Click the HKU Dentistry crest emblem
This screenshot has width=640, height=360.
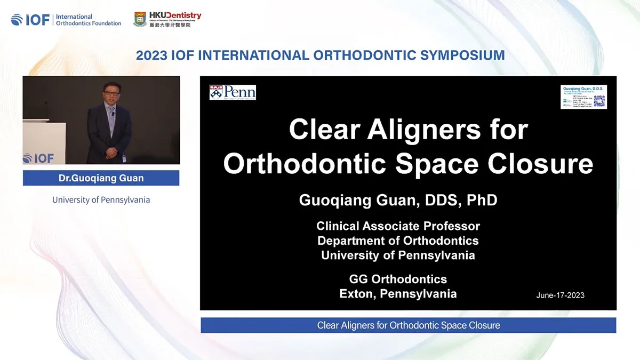140,20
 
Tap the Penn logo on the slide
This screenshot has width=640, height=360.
233,92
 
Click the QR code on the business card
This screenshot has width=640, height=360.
599,101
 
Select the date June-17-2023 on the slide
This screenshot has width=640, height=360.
560,295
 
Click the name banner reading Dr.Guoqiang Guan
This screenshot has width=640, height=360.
101,178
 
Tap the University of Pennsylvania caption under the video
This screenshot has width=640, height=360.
101,200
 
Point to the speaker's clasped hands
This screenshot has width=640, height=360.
111,153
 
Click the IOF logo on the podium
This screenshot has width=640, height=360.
38,158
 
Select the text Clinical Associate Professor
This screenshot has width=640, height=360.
398,226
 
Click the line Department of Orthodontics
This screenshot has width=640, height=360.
398,241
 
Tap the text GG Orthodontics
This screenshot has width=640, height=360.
398,279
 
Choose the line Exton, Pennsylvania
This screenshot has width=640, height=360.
398,293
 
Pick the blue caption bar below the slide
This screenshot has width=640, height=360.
408,325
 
